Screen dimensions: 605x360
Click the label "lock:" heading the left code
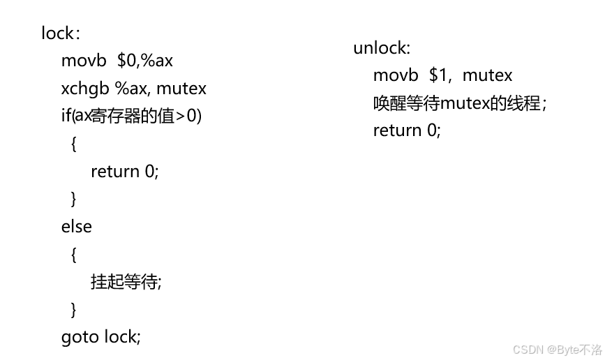click(61, 33)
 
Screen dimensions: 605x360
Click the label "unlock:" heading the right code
click(382, 48)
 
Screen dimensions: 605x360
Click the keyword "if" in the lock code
click(66, 116)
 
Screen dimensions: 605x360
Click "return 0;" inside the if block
click(125, 172)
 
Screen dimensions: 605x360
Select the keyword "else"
click(77, 227)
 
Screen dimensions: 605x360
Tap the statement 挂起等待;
click(126, 282)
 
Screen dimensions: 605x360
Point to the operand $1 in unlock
click(438, 75)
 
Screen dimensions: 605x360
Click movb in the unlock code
click(396, 75)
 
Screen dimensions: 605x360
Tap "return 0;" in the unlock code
click(407, 130)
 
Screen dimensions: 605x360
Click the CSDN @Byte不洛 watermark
click(556, 350)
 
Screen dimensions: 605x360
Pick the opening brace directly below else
click(74, 255)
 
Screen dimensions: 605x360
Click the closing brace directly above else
click(74, 200)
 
